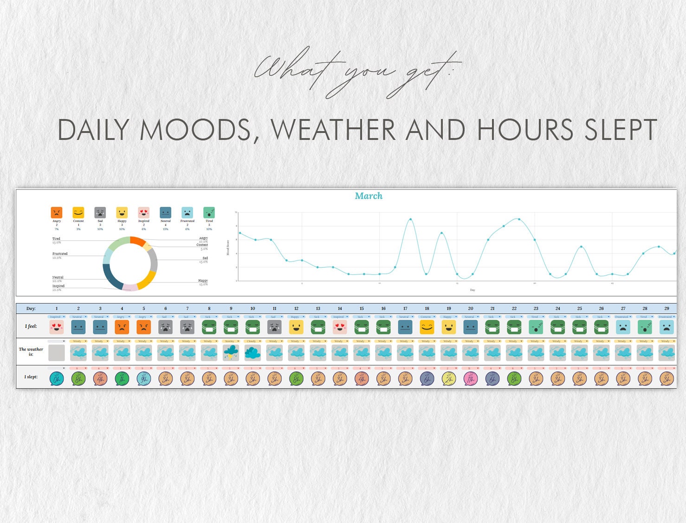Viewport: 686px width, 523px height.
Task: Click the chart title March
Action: (x=369, y=196)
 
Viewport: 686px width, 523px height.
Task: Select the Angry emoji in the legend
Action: (x=57, y=212)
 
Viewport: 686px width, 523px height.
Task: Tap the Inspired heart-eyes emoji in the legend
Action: (x=144, y=212)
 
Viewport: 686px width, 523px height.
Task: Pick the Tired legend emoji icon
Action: (x=209, y=212)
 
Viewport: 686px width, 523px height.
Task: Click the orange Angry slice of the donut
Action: (x=137, y=240)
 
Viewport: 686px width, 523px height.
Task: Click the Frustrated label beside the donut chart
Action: (x=60, y=254)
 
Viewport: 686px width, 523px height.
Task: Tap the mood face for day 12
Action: (x=296, y=327)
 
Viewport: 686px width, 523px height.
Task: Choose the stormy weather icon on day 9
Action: (x=231, y=353)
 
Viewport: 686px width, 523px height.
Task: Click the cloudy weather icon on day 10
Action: (x=252, y=353)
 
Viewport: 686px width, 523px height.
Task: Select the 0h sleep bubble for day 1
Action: (x=57, y=378)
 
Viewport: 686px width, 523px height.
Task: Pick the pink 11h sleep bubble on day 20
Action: (x=471, y=378)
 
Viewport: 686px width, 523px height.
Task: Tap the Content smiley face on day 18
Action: (x=427, y=327)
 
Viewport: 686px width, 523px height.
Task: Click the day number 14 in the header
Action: (x=340, y=308)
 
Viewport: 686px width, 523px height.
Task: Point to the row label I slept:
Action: (x=31, y=377)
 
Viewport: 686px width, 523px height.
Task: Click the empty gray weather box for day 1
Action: (x=57, y=353)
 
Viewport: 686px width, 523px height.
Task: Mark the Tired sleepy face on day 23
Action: (x=536, y=327)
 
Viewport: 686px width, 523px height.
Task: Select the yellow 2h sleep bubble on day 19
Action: (x=449, y=378)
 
